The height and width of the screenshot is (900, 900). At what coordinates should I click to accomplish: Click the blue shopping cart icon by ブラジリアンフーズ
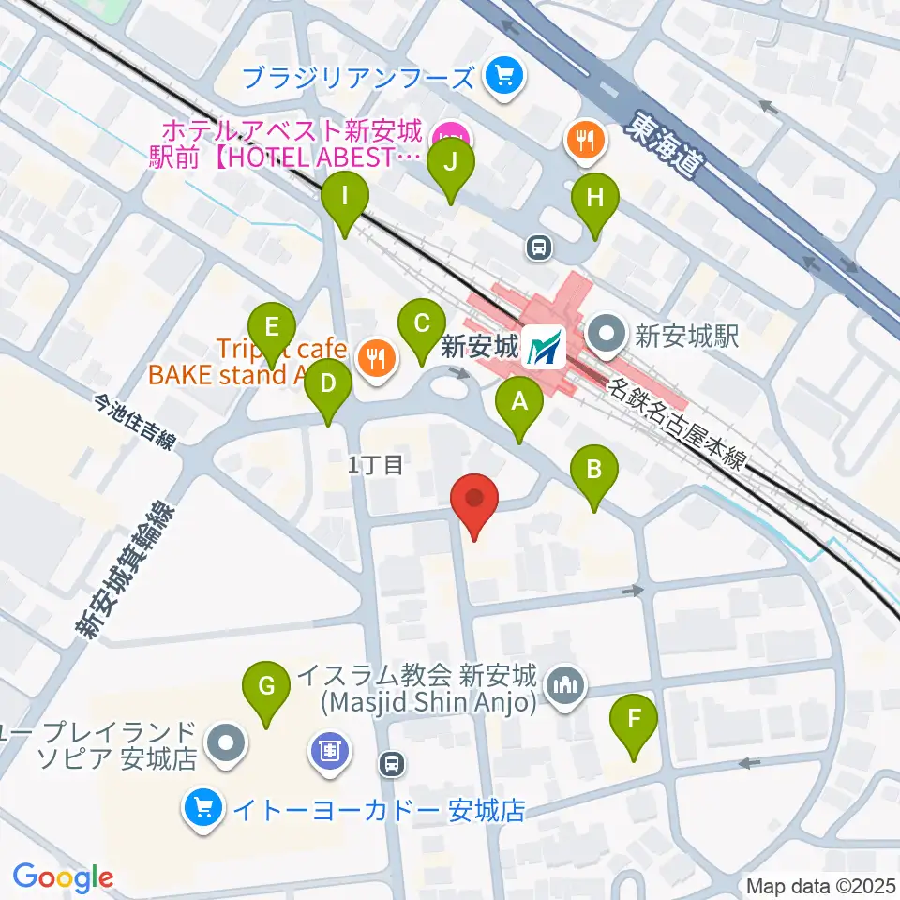click(503, 75)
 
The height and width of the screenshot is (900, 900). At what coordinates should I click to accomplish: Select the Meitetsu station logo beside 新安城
click(544, 347)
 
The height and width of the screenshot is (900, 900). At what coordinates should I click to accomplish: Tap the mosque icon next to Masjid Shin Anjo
click(565, 686)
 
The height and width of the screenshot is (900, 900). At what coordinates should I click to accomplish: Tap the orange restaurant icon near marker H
click(584, 141)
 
